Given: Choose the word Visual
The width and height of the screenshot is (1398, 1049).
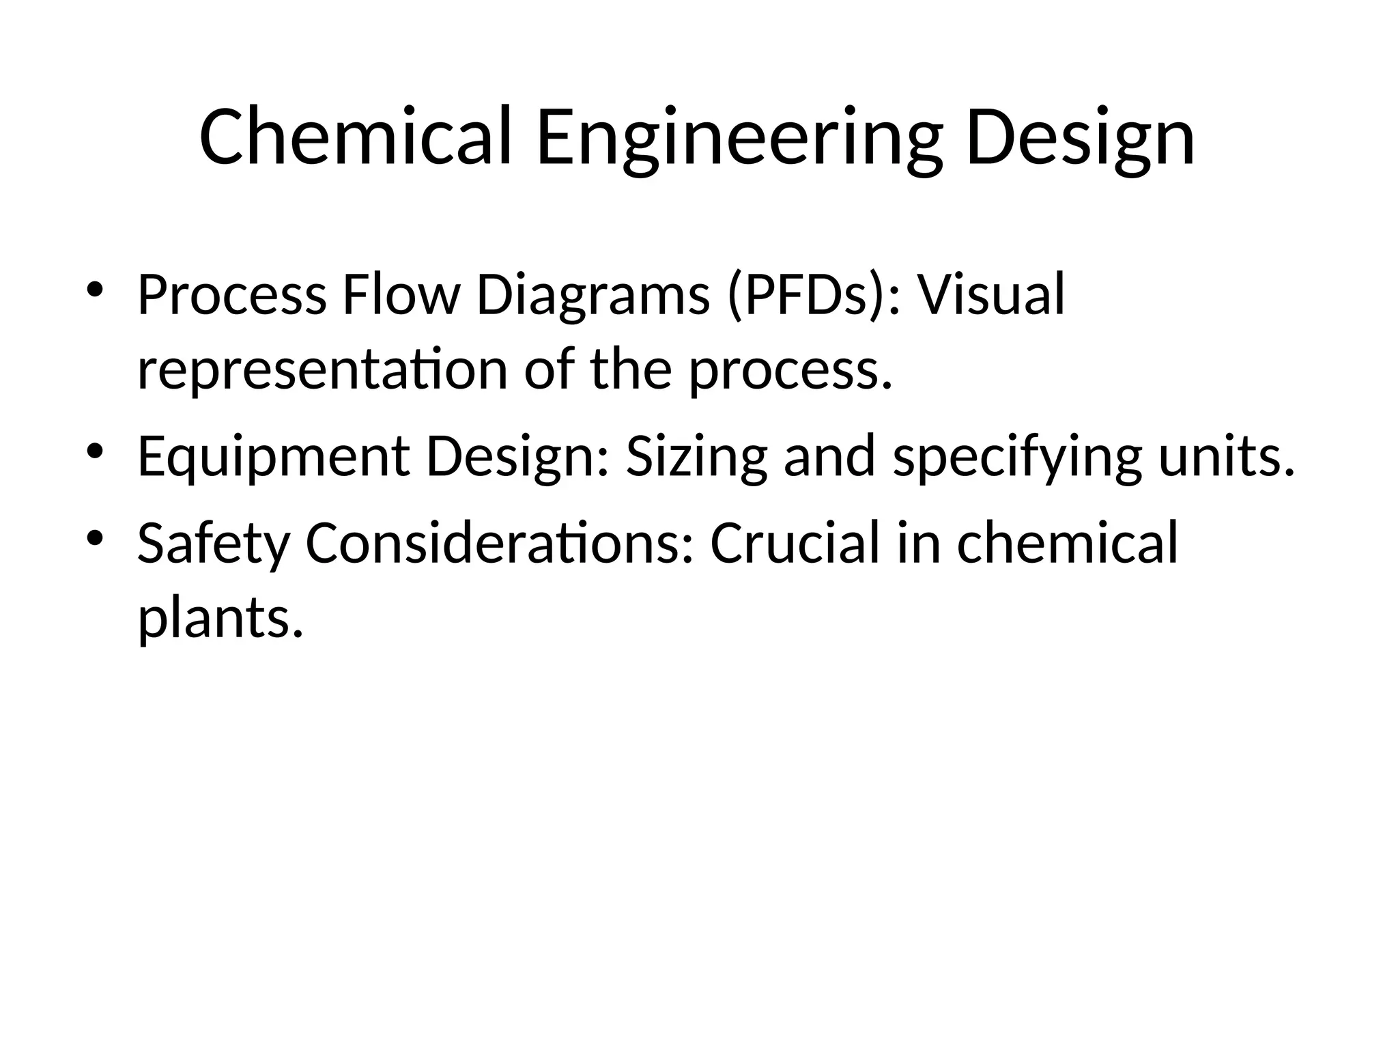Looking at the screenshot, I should click(990, 295).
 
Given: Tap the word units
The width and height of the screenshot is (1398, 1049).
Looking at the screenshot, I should click(1226, 456).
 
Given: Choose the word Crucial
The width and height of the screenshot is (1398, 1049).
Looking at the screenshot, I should click(795, 543).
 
